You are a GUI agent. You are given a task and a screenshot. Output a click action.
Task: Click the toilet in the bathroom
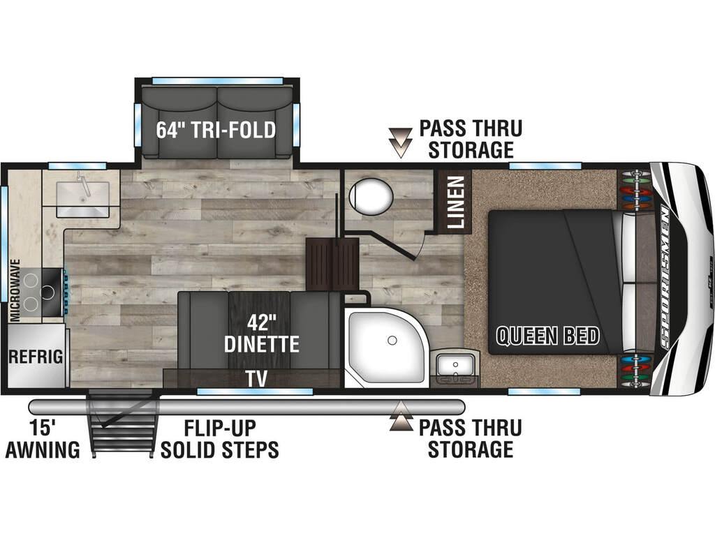[x=371, y=196]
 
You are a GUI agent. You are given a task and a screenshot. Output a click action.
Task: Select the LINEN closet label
[x=455, y=202]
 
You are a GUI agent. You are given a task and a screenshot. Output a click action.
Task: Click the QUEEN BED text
[x=547, y=336]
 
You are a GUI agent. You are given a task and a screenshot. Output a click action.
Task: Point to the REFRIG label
[x=36, y=357]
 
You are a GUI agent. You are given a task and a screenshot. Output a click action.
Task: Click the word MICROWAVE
[x=15, y=290]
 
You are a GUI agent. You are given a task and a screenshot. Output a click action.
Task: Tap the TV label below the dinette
[x=256, y=379]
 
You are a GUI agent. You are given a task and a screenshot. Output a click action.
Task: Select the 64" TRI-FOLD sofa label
[x=216, y=130]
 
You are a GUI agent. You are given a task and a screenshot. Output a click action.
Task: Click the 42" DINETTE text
[x=262, y=334]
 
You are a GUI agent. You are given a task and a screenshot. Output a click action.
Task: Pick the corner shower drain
[x=392, y=341]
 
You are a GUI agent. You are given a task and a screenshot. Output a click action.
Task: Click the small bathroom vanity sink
[x=455, y=364]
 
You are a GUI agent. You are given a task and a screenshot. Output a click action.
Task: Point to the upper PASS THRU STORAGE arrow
[x=400, y=142]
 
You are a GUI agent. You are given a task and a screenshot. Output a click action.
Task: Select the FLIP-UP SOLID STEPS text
[x=219, y=439]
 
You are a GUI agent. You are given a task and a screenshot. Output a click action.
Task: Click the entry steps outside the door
[x=123, y=424]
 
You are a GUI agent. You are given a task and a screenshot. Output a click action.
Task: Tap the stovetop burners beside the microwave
[x=40, y=292]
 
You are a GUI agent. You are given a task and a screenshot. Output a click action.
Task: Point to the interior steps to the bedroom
[x=332, y=264]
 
